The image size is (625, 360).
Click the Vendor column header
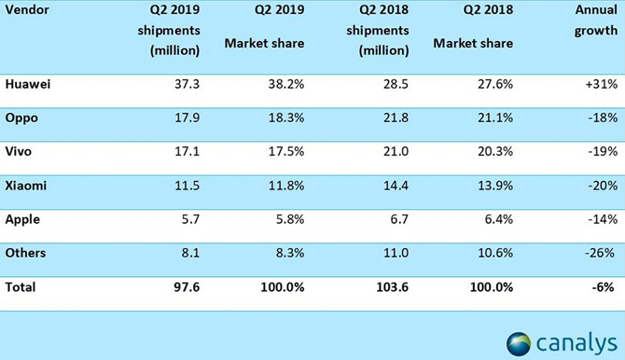[x=27, y=9]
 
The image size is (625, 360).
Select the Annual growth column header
[x=595, y=20]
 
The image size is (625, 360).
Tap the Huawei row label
[x=28, y=84]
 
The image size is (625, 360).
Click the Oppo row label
[x=21, y=118]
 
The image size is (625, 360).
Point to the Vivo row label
[x=19, y=151]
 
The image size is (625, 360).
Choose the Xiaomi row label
[x=26, y=186]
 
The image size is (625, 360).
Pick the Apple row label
[x=22, y=220]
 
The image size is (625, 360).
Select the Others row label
[x=25, y=253]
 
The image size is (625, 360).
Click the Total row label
[x=21, y=287]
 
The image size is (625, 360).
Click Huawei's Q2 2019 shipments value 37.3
[x=187, y=84]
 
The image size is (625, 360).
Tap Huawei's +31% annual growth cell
[x=602, y=84]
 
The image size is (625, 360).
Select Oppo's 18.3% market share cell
[x=286, y=118]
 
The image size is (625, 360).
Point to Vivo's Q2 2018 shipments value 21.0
[x=396, y=151]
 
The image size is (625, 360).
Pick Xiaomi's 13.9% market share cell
[x=495, y=186]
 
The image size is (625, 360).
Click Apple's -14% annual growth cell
[x=603, y=219]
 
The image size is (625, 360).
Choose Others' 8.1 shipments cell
[x=190, y=253]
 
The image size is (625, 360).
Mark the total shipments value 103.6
[x=392, y=287]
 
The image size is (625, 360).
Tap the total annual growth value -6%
[x=603, y=287]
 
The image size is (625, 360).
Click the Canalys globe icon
[x=519, y=343]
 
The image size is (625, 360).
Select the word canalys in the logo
[x=576, y=343]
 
